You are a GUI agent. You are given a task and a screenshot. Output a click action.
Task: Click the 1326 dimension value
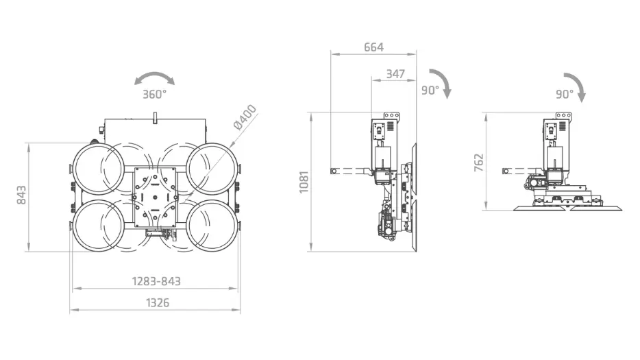point(158,303)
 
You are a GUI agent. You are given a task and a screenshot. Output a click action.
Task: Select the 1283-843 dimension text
point(156,281)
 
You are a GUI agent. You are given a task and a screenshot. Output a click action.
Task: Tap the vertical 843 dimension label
point(21,195)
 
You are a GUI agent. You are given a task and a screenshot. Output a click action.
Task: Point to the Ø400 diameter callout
point(245,117)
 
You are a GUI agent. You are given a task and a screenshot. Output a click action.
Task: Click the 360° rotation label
point(155,95)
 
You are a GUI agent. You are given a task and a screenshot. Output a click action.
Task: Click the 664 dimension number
point(374,47)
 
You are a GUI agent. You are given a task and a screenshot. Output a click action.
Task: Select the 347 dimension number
point(395,74)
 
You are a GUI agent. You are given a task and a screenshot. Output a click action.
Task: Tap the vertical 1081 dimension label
point(304,182)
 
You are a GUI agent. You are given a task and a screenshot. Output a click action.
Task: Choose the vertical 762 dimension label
point(479,163)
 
